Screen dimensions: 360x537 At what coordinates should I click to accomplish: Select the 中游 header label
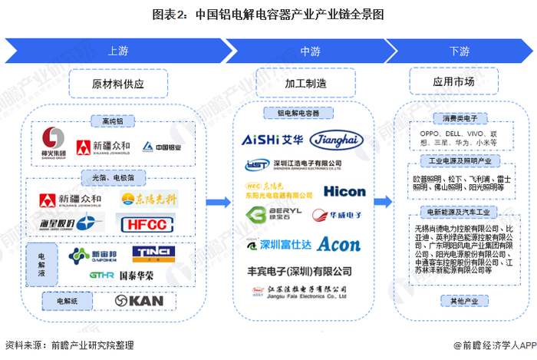tap(310, 51)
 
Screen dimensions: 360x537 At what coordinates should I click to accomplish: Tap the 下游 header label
tap(459, 51)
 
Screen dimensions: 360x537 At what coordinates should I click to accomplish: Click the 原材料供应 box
tap(118, 83)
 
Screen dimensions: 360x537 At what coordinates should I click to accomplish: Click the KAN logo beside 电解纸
tap(139, 300)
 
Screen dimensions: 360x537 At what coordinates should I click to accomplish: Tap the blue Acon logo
tap(338, 244)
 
